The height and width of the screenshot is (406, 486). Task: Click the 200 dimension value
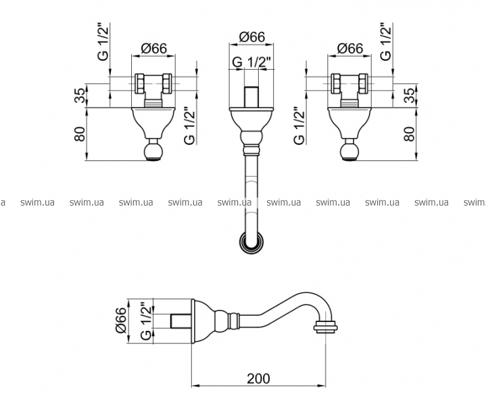point(258,378)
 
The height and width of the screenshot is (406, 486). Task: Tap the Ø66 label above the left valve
point(153,49)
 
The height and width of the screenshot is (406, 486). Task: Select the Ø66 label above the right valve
point(349,49)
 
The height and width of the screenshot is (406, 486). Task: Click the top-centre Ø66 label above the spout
point(252,37)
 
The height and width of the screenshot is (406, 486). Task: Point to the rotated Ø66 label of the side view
point(121,321)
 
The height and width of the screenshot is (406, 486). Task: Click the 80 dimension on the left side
point(80,134)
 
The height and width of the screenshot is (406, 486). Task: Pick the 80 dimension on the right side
point(409,134)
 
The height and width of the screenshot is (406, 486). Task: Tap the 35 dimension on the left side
point(80,95)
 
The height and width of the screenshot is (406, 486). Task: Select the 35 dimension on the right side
point(409,95)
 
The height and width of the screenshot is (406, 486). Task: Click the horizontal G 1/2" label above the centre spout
point(251,62)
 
